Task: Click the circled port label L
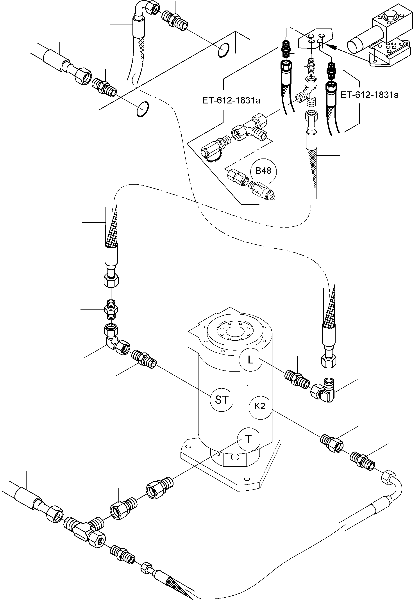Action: click(250, 360)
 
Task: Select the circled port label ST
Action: click(222, 400)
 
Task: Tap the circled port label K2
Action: click(260, 406)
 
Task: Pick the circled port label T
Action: click(248, 439)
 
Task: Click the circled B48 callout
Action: click(263, 171)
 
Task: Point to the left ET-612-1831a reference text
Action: click(231, 100)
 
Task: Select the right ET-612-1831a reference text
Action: click(369, 95)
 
